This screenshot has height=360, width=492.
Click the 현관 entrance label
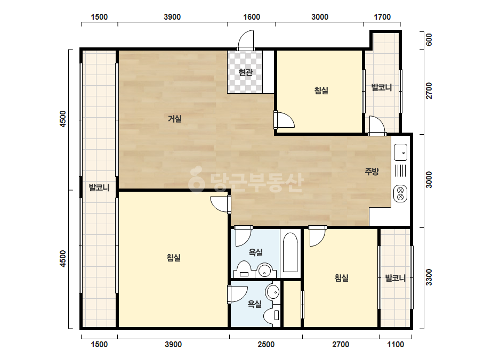pyautogui.click(x=245, y=72)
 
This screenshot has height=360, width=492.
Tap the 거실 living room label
pyautogui.click(x=175, y=119)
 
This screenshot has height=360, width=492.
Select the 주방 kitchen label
pyautogui.click(x=372, y=171)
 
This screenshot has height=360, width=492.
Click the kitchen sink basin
pyautogui.click(x=401, y=152)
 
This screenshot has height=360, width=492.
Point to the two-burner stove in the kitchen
pyautogui.click(x=400, y=193)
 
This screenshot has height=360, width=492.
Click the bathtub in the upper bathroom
pyautogui.click(x=290, y=252)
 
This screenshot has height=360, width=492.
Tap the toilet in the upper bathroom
pyautogui.click(x=244, y=269)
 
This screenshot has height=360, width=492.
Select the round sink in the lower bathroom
pyautogui.click(x=272, y=292)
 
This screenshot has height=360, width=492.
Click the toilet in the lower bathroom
pyautogui.click(x=272, y=315)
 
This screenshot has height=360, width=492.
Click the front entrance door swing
pyautogui.click(x=245, y=40)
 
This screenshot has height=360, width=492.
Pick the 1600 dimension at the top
pyautogui.click(x=252, y=17)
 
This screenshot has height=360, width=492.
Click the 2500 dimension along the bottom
pyautogui.click(x=266, y=345)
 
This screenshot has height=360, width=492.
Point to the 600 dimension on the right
pyautogui.click(x=429, y=40)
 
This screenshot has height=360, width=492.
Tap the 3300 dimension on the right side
pyautogui.click(x=429, y=277)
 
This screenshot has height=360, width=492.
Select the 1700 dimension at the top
pyautogui.click(x=382, y=17)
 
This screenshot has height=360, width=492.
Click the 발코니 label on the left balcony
pyautogui.click(x=99, y=187)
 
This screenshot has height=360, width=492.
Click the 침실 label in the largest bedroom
pyautogui.click(x=174, y=258)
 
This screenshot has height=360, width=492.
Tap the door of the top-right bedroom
pyautogui.click(x=284, y=120)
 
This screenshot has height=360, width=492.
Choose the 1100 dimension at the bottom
pyautogui.click(x=396, y=345)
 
